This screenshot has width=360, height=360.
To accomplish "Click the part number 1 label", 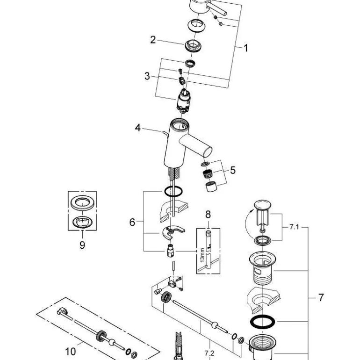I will [245, 47].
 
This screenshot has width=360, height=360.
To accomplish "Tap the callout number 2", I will [153, 40].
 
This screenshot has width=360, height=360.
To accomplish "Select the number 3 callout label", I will [147, 76].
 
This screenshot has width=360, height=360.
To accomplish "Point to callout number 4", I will [137, 127].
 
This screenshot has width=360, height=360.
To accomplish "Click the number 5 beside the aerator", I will [232, 170].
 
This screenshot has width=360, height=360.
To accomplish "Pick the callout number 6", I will [132, 222].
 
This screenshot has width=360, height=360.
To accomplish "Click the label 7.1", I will [294, 227].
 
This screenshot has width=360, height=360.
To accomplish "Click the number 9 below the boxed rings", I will [82, 245].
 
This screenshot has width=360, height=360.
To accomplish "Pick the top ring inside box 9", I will [82, 203].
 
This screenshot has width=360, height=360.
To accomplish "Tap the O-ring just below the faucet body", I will [173, 191].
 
